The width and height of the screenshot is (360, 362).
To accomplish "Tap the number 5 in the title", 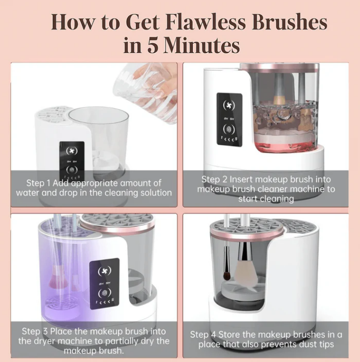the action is tap(153, 45).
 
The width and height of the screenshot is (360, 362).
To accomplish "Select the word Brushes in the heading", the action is tap(289, 22).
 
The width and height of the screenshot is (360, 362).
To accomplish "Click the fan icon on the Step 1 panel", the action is tap(72, 151).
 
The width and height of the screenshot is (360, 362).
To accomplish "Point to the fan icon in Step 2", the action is tap(228, 106).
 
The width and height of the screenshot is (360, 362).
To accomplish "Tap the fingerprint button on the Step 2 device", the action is tap(229, 129).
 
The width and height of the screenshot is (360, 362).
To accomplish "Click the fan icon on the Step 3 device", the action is tap(105, 271).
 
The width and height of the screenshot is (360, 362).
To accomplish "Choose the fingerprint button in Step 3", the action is tap(105, 293).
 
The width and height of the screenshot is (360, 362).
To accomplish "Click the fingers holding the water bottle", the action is tap(157, 76).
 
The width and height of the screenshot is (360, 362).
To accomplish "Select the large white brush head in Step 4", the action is tap(246, 272).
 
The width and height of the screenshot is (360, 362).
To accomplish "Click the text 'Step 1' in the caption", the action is tap(38, 183).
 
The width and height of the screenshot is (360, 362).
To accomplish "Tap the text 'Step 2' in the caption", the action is tap(214, 180).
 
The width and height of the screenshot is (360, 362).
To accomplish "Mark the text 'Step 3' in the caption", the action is tap(35, 331).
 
